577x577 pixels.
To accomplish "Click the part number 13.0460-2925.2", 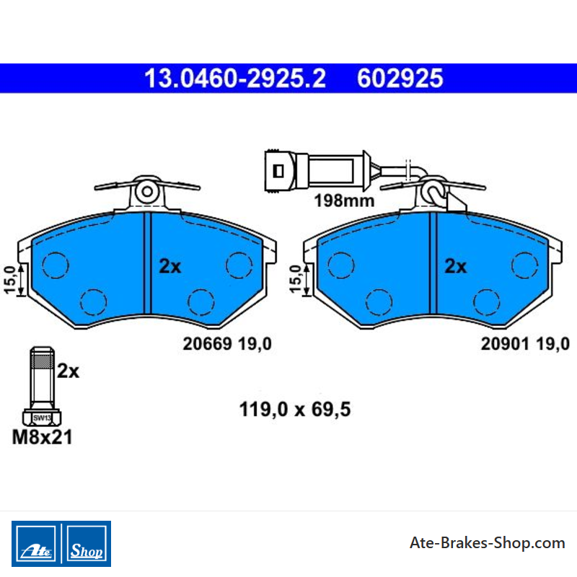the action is (235, 79).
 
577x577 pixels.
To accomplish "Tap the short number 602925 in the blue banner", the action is (400, 79).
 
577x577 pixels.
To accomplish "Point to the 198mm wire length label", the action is (344, 201).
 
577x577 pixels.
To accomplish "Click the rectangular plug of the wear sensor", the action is (280, 171).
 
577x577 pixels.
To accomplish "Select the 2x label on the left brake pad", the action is (170, 266).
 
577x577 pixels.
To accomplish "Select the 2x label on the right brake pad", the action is (456, 266).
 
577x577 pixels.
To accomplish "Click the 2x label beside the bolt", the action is (68, 371).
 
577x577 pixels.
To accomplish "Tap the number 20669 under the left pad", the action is (207, 344).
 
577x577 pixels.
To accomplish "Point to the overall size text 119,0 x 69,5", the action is (295, 409).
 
